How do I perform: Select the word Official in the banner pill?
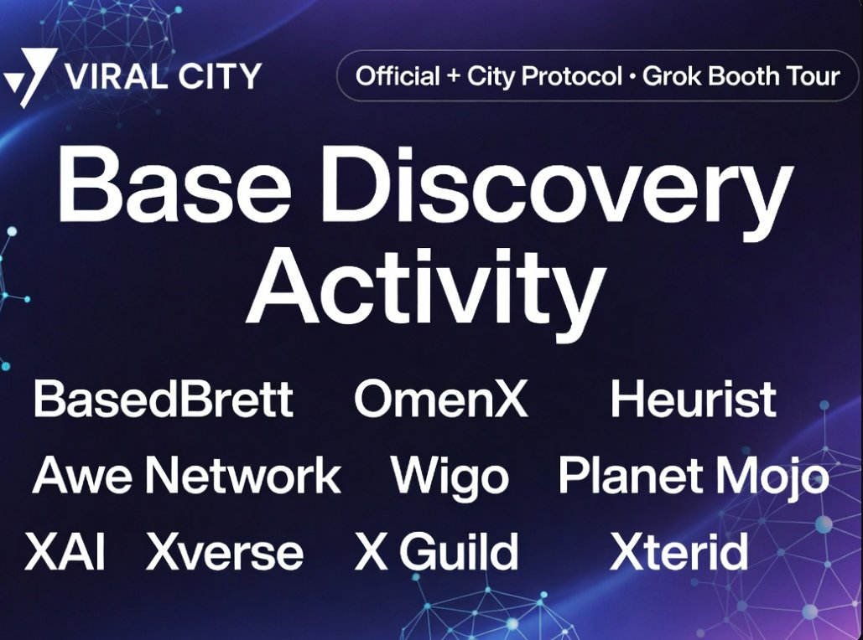coord(397,77)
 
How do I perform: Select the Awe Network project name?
coord(186,476)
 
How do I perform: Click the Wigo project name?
coord(450,477)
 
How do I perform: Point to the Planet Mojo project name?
coord(693,477)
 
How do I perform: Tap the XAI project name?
coord(65,553)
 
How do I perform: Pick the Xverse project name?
coord(225,553)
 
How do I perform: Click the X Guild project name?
coord(436,553)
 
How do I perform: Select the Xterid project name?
coord(678,553)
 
